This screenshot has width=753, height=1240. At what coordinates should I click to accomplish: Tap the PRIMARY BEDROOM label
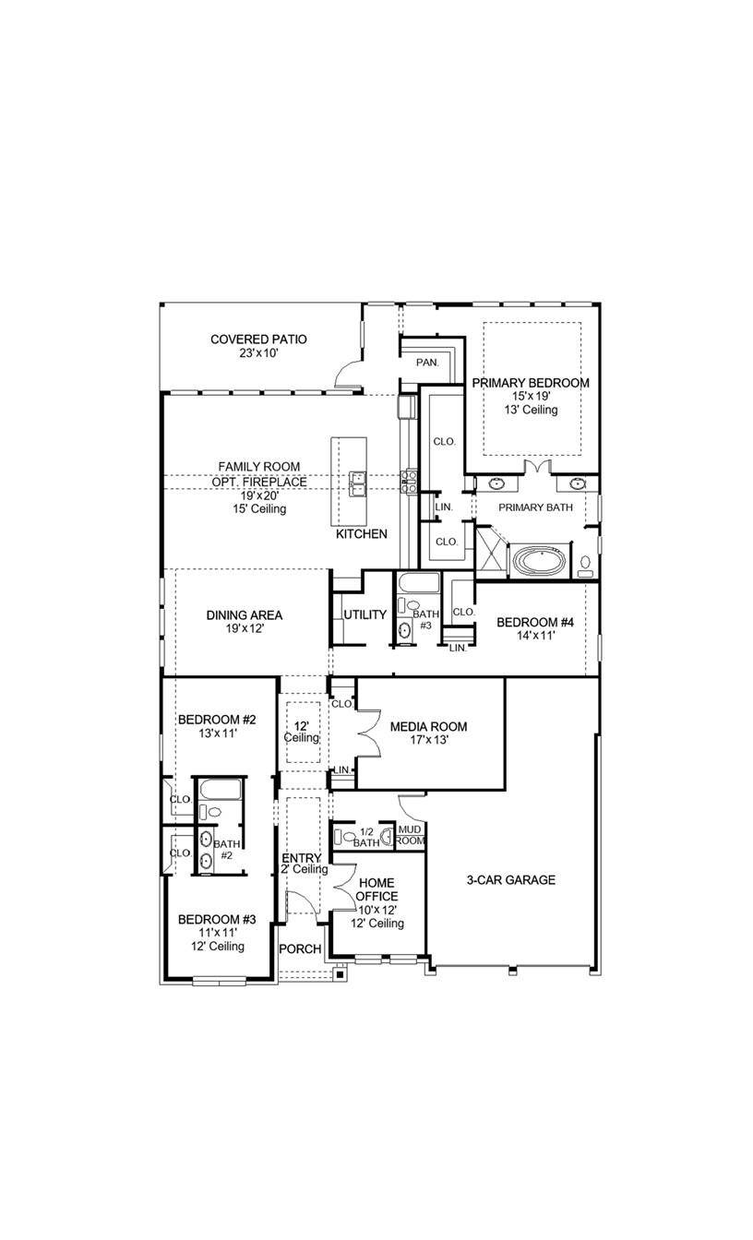tap(530, 382)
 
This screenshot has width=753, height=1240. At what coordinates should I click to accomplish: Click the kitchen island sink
tap(358, 481)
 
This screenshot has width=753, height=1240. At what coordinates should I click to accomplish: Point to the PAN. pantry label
tap(426, 363)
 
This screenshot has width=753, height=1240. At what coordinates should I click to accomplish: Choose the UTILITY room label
tap(365, 614)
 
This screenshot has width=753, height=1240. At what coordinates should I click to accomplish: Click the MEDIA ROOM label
tap(428, 726)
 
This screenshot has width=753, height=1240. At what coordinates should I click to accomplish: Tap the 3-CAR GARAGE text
tap(510, 879)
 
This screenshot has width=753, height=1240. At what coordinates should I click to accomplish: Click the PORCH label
tap(301, 948)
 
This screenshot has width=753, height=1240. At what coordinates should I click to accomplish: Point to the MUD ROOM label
tap(410, 835)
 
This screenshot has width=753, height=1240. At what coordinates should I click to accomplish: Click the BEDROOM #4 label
tap(535, 623)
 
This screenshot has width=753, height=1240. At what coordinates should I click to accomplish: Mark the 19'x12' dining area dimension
tap(244, 629)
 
